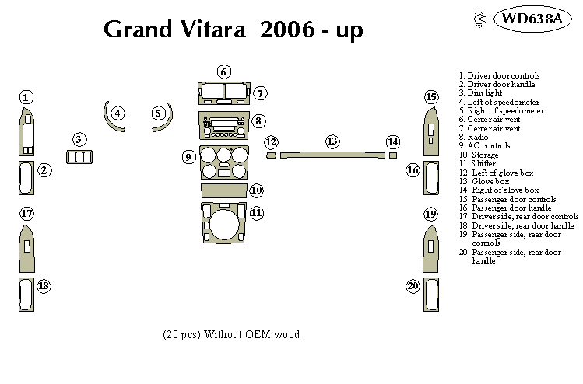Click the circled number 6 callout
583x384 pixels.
223,72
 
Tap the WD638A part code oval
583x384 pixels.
530,19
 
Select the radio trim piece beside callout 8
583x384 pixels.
223,124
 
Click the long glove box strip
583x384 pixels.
332,155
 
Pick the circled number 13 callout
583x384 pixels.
332,141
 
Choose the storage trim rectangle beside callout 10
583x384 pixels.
223,190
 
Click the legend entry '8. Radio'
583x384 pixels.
473,137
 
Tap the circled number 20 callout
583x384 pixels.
413,287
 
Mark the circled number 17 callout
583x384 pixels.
26,214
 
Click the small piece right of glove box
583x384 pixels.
393,155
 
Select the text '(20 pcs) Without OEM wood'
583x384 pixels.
231,334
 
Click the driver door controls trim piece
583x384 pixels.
26,134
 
